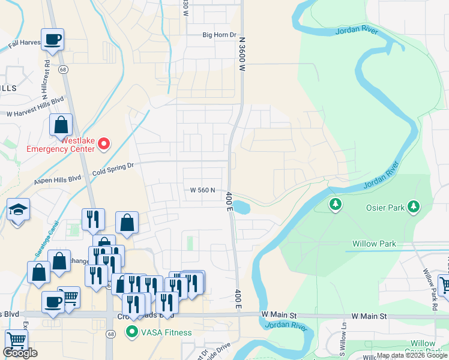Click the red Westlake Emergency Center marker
point(104,143)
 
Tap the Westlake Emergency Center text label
point(61,143)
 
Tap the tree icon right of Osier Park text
point(413,207)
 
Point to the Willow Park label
point(374,244)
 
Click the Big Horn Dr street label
point(220,35)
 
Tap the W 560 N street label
point(202,190)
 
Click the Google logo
point(20,353)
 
